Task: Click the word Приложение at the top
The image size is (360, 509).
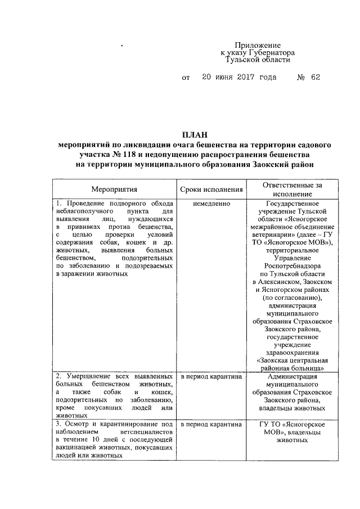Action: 258,44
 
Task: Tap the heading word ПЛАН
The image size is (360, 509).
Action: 194,134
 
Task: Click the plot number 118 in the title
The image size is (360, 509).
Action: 145,154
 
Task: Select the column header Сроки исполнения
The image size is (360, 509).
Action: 211,191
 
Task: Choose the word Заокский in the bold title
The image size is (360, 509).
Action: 266,164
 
